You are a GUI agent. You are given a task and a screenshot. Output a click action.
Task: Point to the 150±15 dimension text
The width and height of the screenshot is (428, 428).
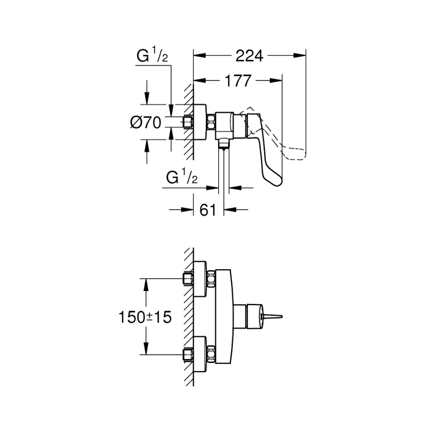coord(145,317)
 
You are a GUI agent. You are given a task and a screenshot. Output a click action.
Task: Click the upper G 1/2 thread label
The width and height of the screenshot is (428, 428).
coord(152,57)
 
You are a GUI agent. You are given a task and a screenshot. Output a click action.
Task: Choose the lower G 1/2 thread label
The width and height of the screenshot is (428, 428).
coord(182,178)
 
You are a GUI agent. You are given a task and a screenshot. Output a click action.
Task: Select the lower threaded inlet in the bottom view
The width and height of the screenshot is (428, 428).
coord(188,355)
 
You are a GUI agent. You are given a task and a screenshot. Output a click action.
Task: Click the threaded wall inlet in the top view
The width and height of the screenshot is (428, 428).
coord(188,122)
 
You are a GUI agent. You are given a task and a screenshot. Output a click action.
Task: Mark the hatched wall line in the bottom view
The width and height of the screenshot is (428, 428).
coord(190,316)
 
